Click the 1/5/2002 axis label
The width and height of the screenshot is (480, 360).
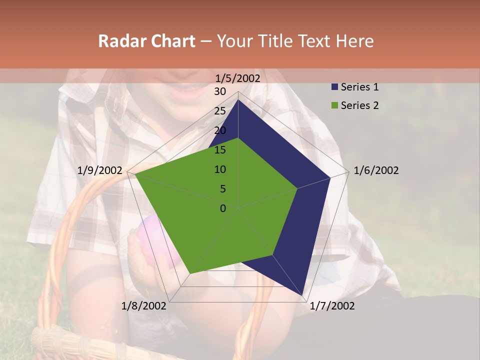(238, 78)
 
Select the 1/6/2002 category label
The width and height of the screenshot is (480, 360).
(376, 170)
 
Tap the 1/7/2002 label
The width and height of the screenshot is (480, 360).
(332, 306)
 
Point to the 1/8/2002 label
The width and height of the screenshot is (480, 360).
(144, 306)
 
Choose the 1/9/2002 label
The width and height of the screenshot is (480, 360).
(100, 170)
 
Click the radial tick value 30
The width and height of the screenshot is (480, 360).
(220, 91)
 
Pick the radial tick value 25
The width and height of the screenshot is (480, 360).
(220, 111)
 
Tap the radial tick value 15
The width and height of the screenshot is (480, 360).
(220, 150)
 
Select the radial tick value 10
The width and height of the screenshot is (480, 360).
(220, 169)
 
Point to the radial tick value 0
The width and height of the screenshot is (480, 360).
(223, 208)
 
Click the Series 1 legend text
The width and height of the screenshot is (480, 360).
(359, 87)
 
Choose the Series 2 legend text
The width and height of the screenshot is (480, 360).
(359, 105)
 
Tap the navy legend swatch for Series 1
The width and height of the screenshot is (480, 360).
(334, 87)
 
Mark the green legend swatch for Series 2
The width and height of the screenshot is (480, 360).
(334, 105)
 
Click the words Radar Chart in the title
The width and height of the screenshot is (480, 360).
(146, 41)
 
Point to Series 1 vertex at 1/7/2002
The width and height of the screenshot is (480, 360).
(302, 295)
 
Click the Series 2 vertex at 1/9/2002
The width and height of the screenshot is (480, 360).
(135, 175)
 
